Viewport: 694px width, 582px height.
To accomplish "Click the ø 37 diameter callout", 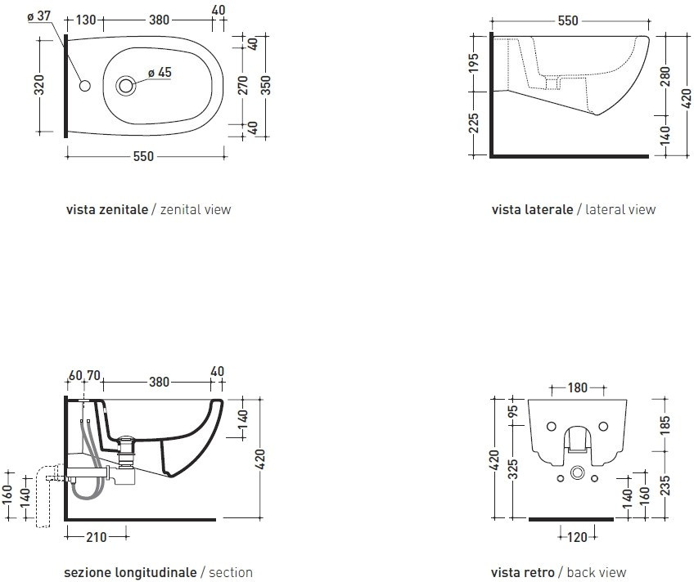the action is [x=39, y=16].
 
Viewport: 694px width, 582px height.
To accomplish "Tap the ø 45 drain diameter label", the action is [x=160, y=73].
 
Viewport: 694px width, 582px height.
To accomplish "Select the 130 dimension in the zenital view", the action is [x=86, y=20].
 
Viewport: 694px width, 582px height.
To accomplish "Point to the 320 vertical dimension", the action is [x=39, y=85].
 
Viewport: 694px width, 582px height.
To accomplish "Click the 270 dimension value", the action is [x=243, y=85].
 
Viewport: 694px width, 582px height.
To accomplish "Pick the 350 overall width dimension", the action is [x=265, y=85].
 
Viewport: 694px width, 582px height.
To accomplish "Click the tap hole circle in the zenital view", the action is [x=84, y=86].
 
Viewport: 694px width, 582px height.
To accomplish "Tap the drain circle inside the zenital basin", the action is [x=126, y=86].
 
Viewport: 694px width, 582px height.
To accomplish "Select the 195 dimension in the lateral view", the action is [x=474, y=63].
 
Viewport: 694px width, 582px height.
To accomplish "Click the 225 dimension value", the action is [x=474, y=123].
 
